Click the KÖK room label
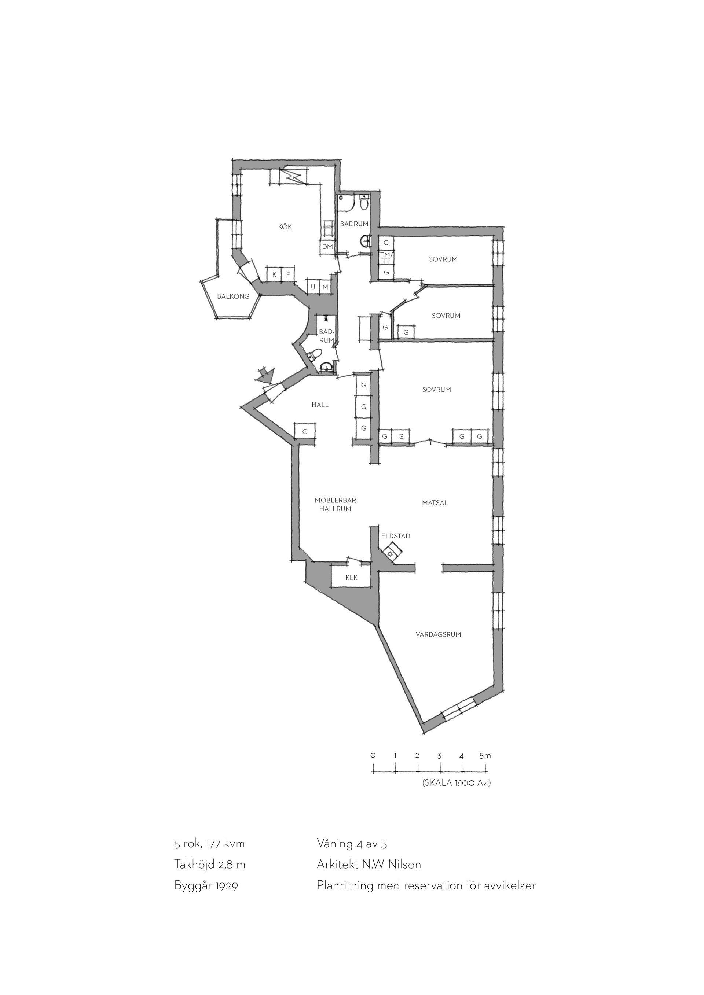click(285, 226)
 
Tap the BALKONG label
click(233, 296)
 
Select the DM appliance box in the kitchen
click(327, 247)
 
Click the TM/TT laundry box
click(386, 258)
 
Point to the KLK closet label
click(352, 578)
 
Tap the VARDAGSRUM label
click(438, 634)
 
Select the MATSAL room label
click(435, 503)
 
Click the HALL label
click(320, 405)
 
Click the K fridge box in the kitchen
click(274, 274)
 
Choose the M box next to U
click(325, 287)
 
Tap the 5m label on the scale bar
click(485, 755)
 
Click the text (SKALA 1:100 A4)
click(456, 783)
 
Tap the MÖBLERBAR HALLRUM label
click(335, 504)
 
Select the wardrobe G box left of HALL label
click(305, 431)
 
